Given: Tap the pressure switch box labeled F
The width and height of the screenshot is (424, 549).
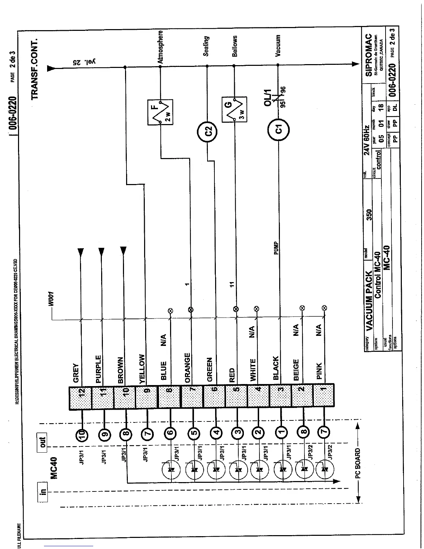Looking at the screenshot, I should [160, 112].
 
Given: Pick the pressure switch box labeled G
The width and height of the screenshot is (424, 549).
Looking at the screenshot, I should [235, 110].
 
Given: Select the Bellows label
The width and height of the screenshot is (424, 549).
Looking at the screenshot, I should [235, 46].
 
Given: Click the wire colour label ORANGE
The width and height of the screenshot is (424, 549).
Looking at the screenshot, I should [187, 368].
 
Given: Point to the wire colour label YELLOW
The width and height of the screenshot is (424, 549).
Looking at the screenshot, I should [142, 368].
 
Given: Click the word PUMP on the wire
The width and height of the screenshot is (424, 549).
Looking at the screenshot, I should [276, 249].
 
